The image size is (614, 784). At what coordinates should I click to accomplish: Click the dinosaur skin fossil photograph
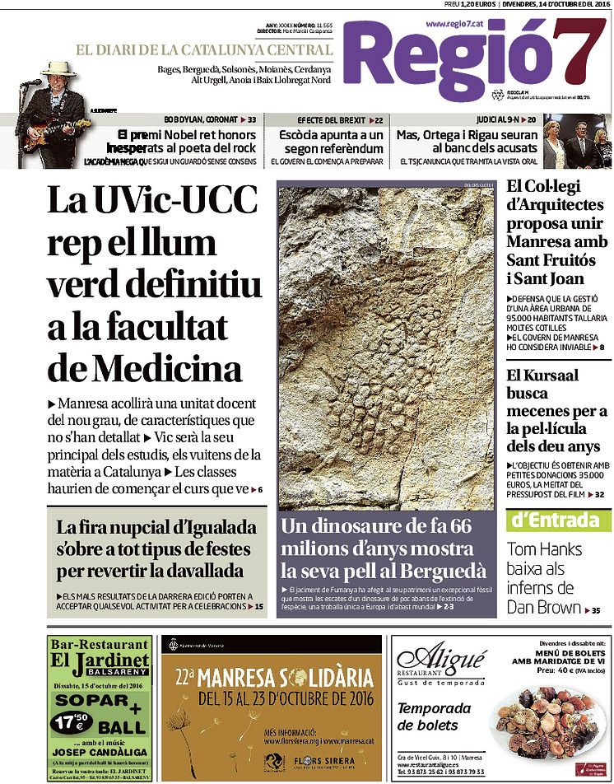point(387,346)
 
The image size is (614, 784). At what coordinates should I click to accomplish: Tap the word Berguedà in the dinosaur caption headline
point(440,571)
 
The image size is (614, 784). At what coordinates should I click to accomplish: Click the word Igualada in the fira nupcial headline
point(212,528)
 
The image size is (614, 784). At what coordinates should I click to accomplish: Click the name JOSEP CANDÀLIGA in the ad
point(88,752)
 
